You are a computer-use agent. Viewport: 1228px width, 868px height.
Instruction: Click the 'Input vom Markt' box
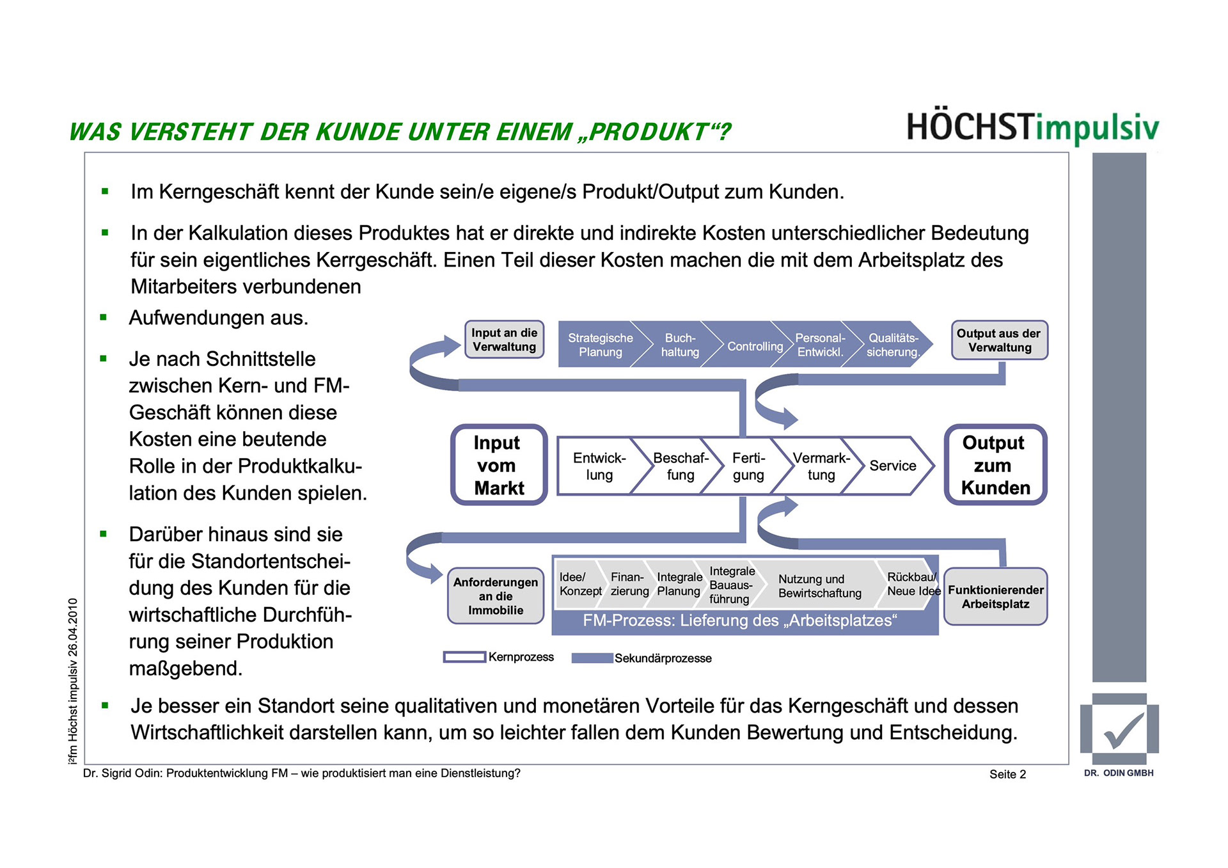click(x=499, y=465)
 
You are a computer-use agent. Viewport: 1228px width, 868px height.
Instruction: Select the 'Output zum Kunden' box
click(x=995, y=465)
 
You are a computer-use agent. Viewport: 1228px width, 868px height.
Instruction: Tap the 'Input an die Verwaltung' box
click(x=504, y=340)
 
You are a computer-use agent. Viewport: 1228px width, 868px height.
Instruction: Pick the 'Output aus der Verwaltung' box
click(x=999, y=340)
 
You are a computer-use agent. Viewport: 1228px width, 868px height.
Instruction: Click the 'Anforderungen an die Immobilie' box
click(x=496, y=596)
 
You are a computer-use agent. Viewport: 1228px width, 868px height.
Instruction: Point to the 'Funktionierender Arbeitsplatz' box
click(x=995, y=597)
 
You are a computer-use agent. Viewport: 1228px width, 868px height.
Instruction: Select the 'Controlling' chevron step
click(x=755, y=346)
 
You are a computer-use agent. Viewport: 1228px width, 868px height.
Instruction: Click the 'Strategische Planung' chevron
click(x=600, y=345)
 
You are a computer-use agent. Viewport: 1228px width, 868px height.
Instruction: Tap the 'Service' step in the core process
click(x=892, y=466)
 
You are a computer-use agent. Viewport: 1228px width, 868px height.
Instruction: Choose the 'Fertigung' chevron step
click(x=748, y=466)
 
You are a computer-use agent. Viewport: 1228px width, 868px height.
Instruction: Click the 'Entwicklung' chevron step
click(x=599, y=466)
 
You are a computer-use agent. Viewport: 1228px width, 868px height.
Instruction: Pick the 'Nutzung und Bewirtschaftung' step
click(x=819, y=586)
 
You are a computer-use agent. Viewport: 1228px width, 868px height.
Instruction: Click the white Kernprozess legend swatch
click(x=464, y=657)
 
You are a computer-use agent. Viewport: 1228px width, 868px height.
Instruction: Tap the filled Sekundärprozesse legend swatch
click(x=592, y=658)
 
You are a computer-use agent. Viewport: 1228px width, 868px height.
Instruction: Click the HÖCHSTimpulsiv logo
click(x=1032, y=127)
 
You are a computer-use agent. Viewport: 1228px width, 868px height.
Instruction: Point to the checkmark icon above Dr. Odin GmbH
click(x=1120, y=730)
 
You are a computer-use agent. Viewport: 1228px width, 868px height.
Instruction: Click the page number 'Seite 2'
click(x=1007, y=774)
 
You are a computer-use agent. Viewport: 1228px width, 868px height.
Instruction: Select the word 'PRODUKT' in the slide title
click(x=648, y=132)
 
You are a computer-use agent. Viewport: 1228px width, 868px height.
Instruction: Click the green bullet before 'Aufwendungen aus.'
click(x=104, y=317)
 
